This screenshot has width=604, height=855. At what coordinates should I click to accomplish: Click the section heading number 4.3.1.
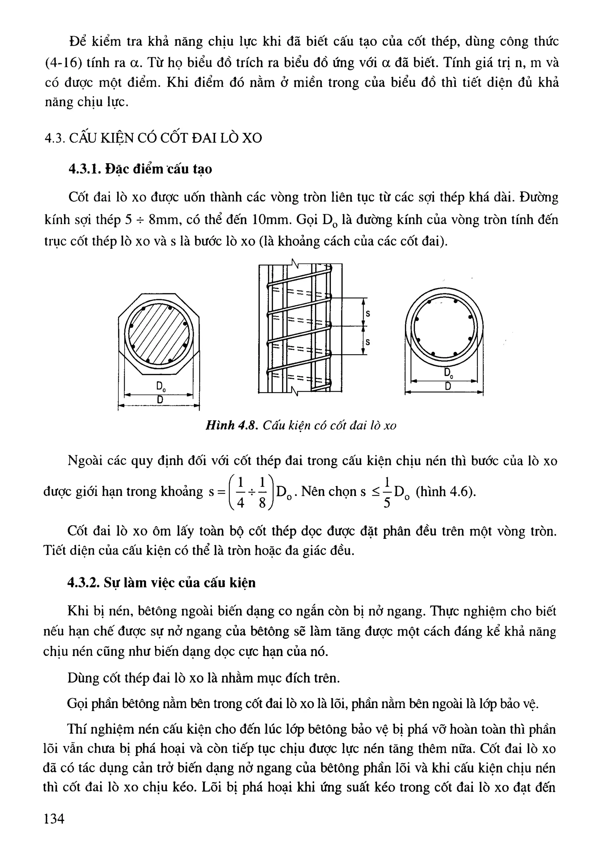click(x=83, y=169)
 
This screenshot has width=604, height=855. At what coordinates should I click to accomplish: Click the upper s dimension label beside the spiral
click(x=368, y=314)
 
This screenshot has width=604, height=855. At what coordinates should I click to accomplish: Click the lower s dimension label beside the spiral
click(x=368, y=342)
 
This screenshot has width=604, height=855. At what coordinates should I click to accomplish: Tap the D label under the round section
click(x=448, y=387)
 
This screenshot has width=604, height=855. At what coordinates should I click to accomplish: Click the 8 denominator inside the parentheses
click(x=262, y=503)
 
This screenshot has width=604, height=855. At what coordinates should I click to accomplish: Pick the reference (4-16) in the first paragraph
click(x=63, y=63)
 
